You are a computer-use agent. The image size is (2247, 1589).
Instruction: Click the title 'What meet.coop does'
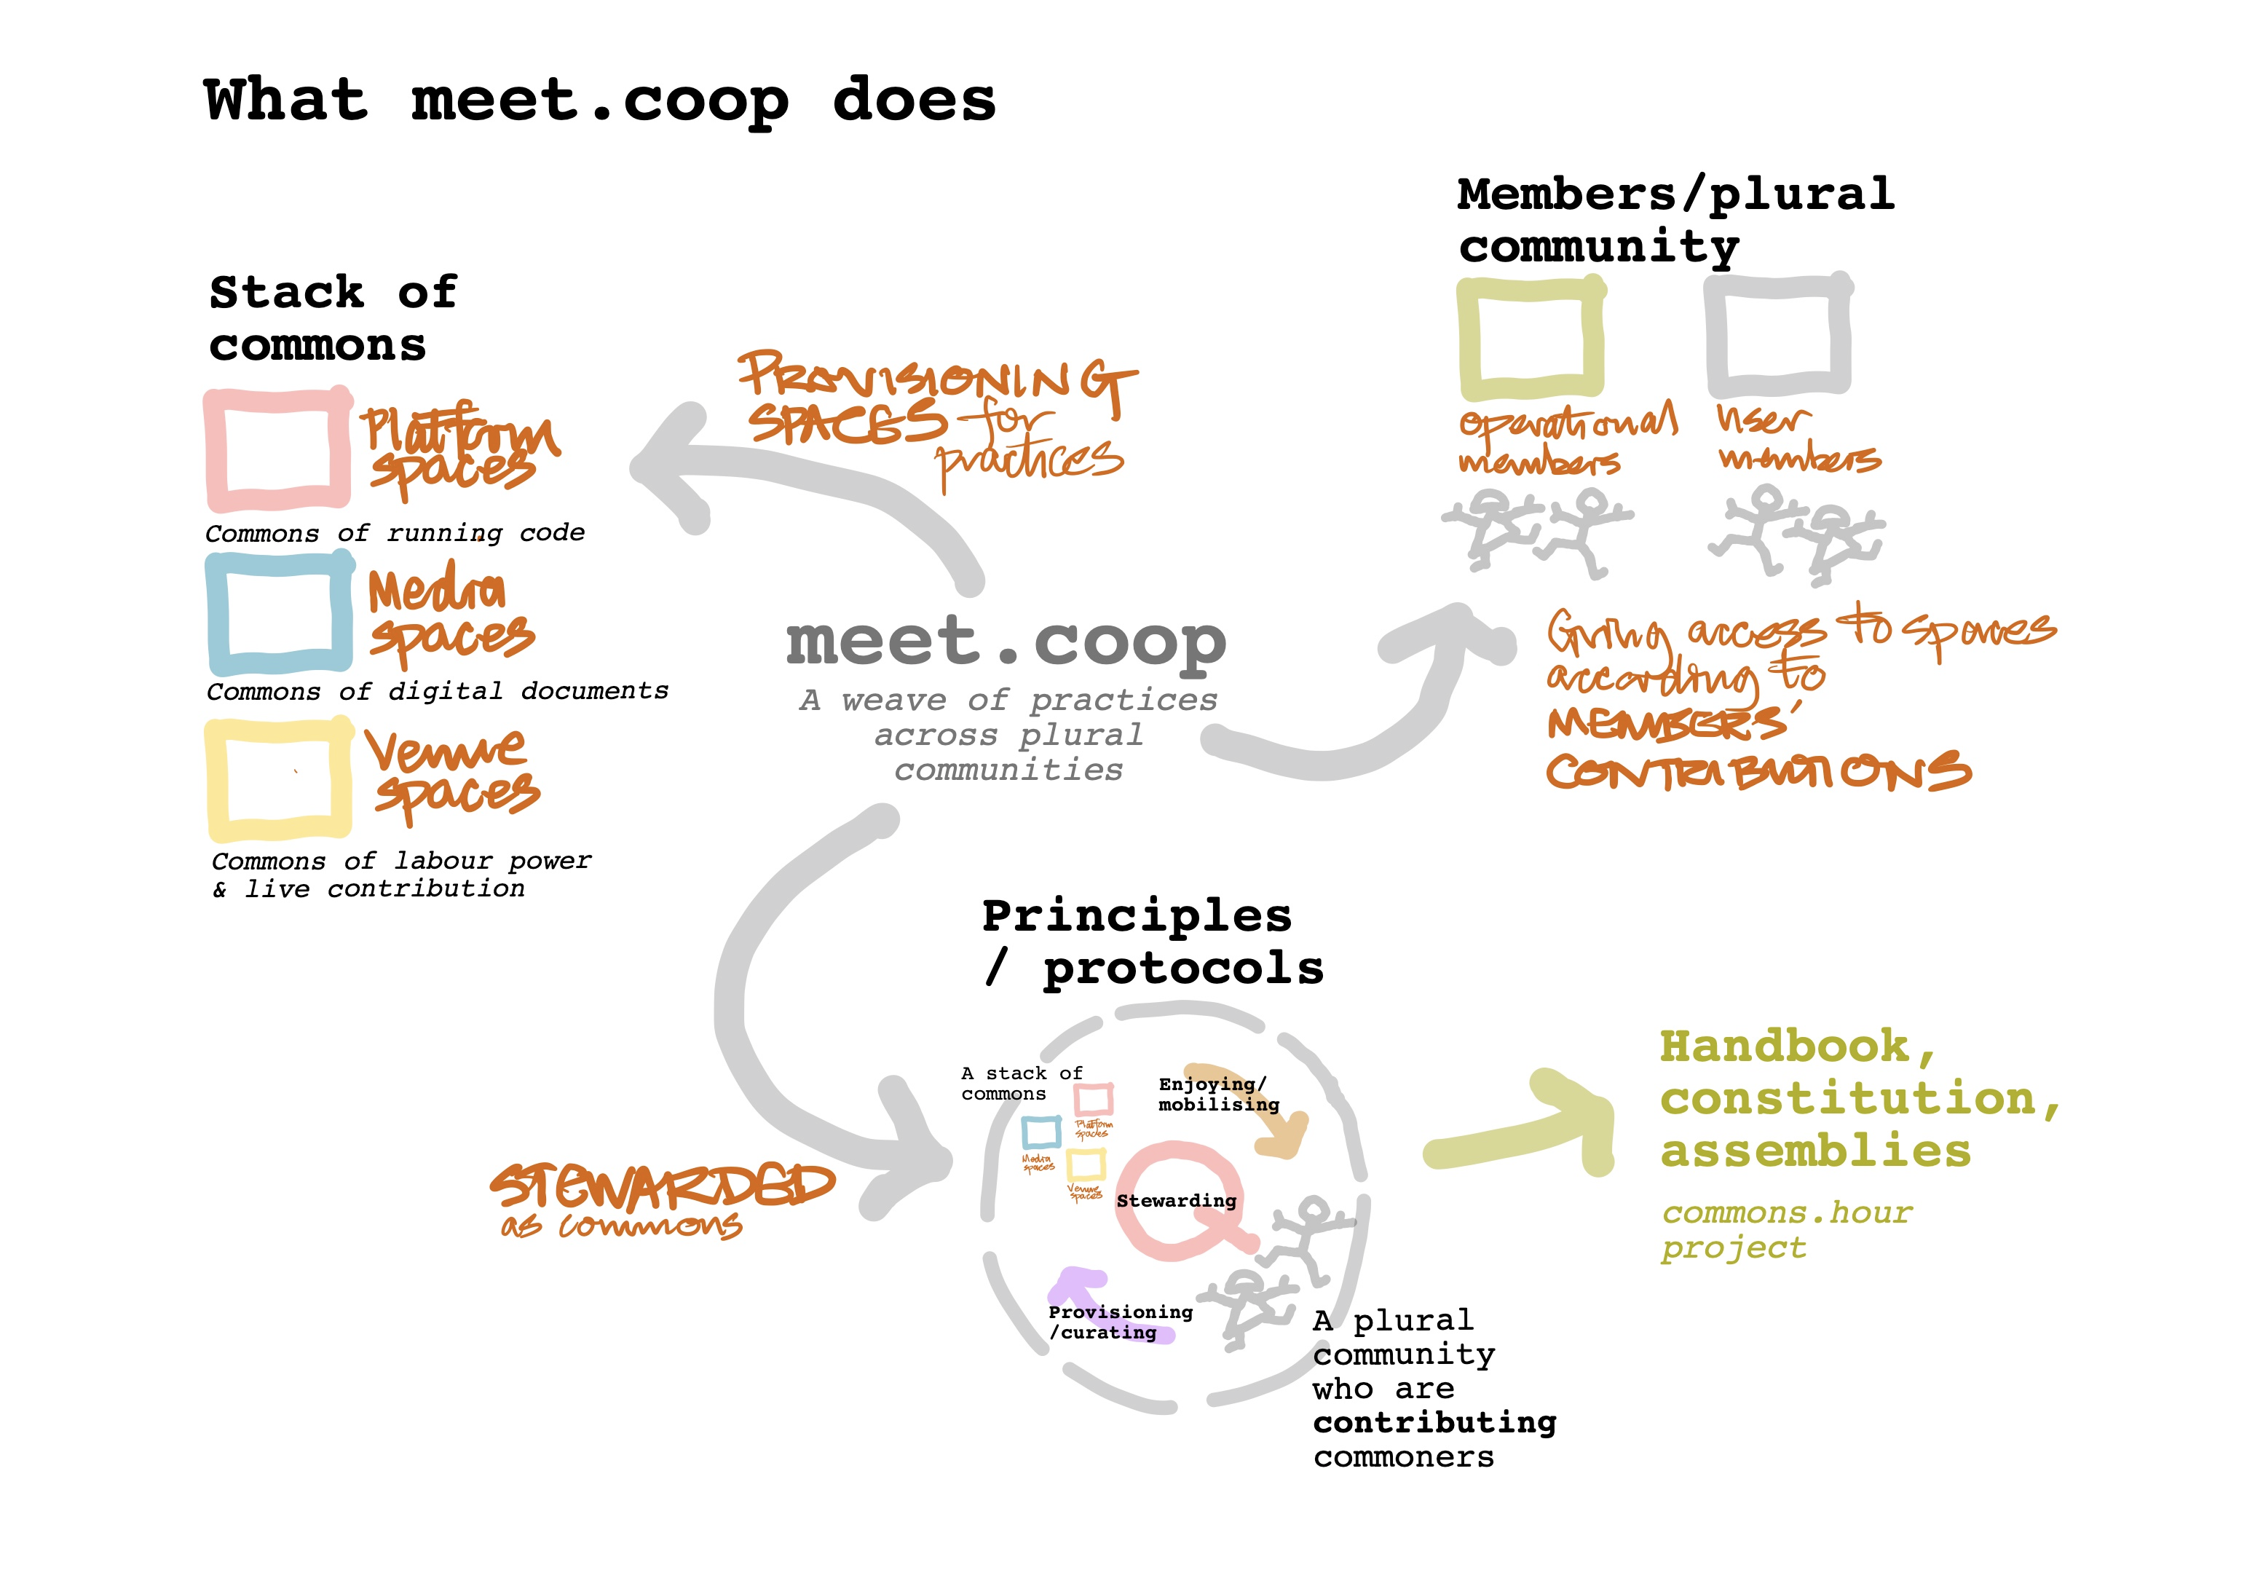pyautogui.click(x=599, y=100)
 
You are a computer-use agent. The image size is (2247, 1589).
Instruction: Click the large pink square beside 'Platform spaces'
pyautogui.click(x=278, y=449)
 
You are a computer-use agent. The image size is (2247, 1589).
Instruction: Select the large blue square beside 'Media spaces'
pyautogui.click(x=279, y=613)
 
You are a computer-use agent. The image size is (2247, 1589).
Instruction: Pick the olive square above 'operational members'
pyautogui.click(x=1531, y=339)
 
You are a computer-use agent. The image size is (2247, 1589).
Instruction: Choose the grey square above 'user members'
pyautogui.click(x=1777, y=335)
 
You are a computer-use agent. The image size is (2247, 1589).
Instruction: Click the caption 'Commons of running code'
pyautogui.click(x=395, y=534)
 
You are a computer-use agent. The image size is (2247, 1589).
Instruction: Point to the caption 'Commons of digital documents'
pyautogui.click(x=438, y=691)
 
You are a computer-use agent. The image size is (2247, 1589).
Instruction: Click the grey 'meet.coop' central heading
pyautogui.click(x=1006, y=642)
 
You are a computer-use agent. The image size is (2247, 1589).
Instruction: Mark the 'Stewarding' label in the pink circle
pyautogui.click(x=1177, y=1200)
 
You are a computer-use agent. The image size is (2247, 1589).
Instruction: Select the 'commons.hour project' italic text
pyautogui.click(x=1785, y=1230)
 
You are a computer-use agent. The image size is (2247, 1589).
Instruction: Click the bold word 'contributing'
pyautogui.click(x=1434, y=1422)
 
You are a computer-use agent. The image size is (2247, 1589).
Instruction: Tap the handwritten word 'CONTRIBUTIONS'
pyautogui.click(x=1758, y=773)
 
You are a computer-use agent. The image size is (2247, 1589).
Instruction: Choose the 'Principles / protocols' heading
pyautogui.click(x=1151, y=942)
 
